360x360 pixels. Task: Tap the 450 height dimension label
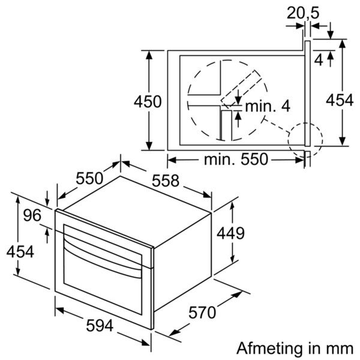click(x=148, y=101)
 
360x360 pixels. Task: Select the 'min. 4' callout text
click(x=268, y=106)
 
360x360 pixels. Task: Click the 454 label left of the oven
click(x=20, y=252)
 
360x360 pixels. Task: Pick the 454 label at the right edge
click(x=340, y=101)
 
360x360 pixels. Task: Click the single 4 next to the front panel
click(x=319, y=59)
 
